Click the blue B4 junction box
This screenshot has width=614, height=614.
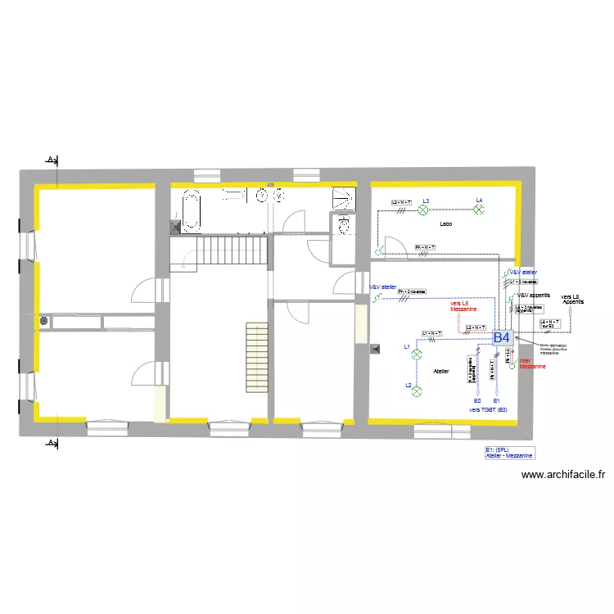click(x=502, y=336)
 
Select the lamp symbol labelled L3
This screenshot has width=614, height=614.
click(x=424, y=210)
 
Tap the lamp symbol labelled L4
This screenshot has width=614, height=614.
click(x=480, y=210)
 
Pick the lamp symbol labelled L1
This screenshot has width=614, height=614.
click(x=416, y=354)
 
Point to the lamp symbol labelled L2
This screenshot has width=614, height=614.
click(x=416, y=391)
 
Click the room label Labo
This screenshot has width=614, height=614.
click(x=445, y=223)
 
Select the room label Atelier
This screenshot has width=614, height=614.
click(x=441, y=371)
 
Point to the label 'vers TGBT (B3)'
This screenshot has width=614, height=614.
click(x=488, y=409)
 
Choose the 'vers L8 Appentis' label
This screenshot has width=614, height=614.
click(x=572, y=299)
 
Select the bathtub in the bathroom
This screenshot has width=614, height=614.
click(x=192, y=210)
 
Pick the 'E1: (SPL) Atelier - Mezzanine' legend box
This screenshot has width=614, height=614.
click(x=508, y=452)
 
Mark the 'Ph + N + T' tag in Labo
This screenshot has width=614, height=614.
click(x=425, y=247)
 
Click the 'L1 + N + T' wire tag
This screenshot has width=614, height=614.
click(x=431, y=333)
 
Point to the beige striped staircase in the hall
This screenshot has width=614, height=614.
click(x=257, y=357)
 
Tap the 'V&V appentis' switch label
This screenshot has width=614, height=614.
click(x=533, y=295)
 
